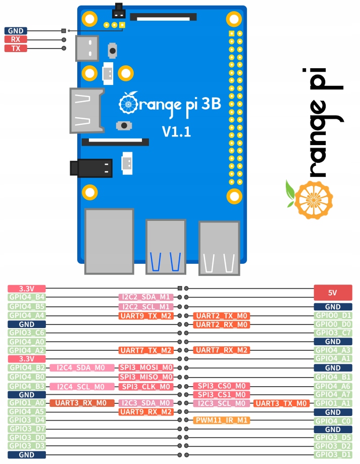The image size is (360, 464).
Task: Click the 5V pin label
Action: click(x=333, y=293)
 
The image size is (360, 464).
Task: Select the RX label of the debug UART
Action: click(x=16, y=39)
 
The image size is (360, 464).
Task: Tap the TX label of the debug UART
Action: click(x=16, y=48)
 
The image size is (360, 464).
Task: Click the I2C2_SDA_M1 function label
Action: click(x=146, y=297)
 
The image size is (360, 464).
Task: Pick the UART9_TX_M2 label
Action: click(x=146, y=316)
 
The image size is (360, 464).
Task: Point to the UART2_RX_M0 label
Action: click(x=222, y=324)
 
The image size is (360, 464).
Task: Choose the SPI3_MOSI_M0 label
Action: click(x=146, y=368)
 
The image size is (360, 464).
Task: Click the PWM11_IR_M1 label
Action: click(x=222, y=420)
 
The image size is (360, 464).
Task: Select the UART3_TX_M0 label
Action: click(x=281, y=403)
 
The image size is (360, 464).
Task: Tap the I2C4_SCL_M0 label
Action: click(x=82, y=387)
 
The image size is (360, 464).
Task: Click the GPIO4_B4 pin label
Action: click(x=27, y=297)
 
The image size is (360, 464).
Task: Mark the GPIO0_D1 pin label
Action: click(x=333, y=315)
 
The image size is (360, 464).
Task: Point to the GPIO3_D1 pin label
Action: click(x=333, y=454)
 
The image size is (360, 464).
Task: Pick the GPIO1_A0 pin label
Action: click(x=27, y=403)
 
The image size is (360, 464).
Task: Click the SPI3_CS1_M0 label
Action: click(x=222, y=395)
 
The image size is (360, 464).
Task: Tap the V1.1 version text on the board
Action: click(x=176, y=132)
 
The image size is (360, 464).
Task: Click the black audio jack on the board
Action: click(x=91, y=168)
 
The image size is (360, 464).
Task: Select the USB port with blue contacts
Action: click(x=166, y=247)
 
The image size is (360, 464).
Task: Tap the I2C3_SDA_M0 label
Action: click(x=146, y=403)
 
